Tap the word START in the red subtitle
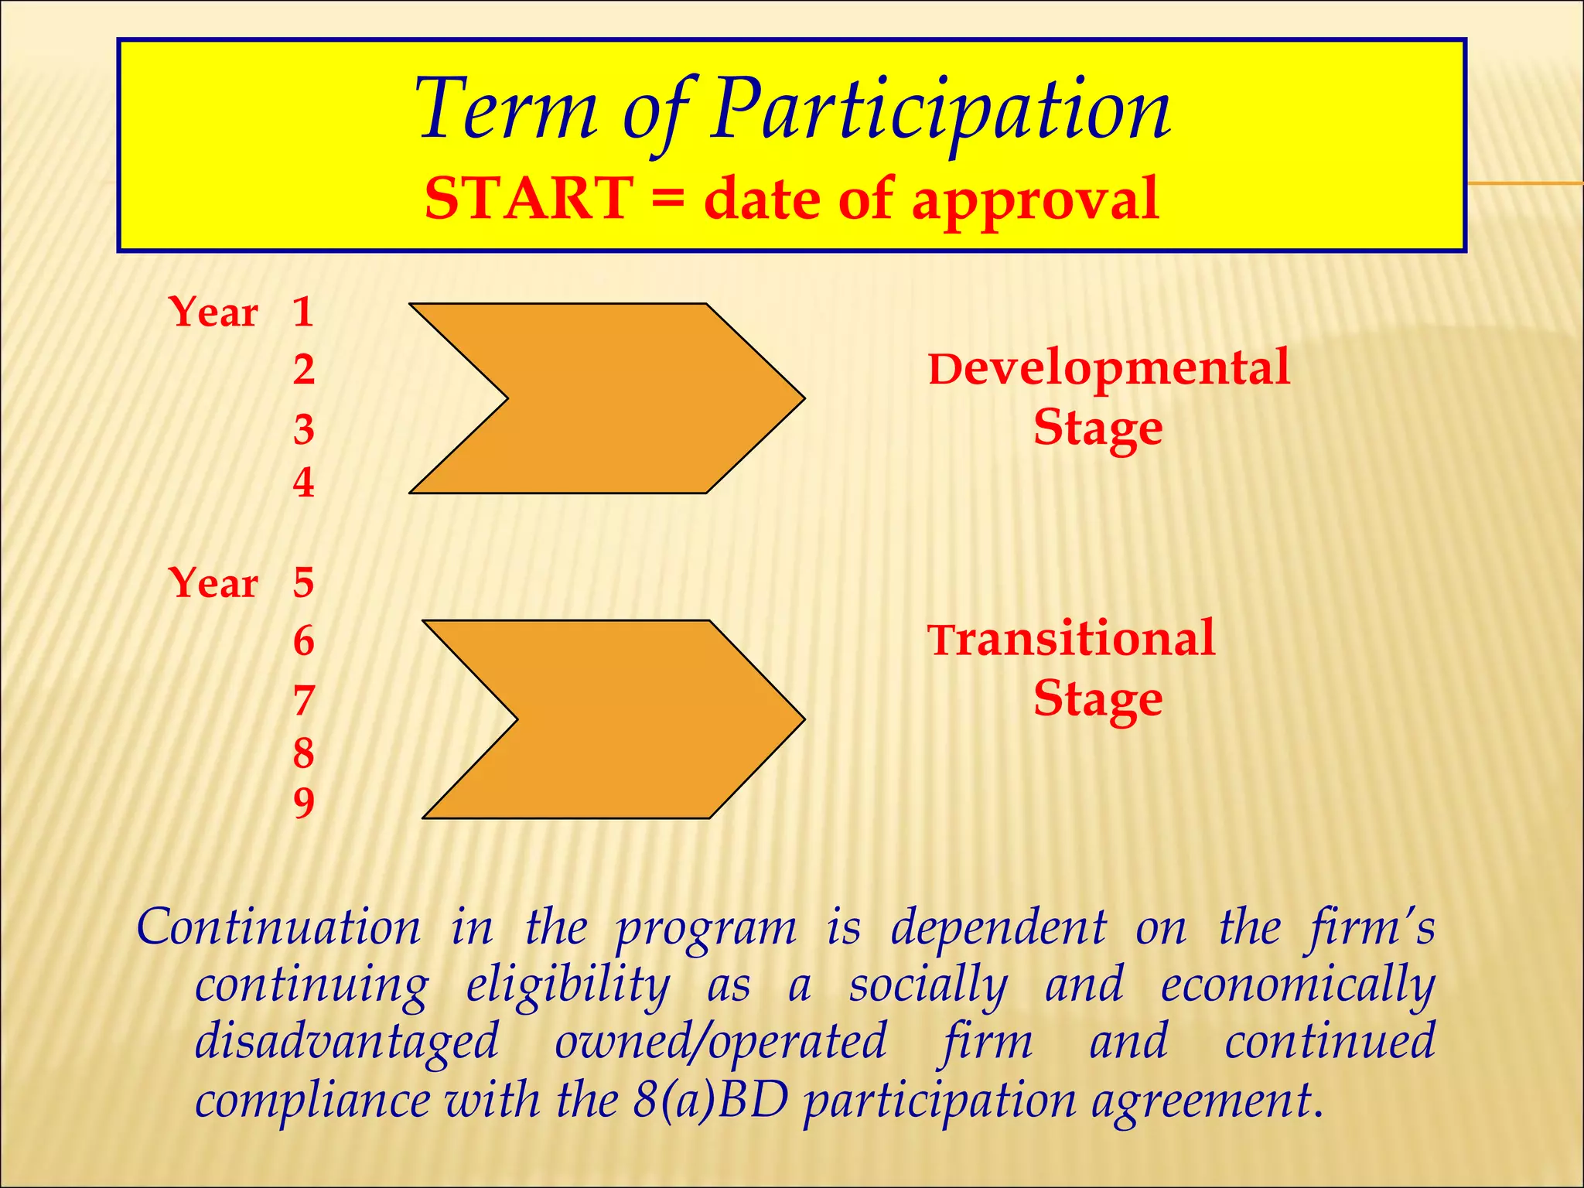529,199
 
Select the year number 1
302,312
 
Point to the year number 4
303,483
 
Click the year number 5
303,582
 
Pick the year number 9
303,803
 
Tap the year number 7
303,701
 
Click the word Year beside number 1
213,312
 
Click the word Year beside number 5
213,582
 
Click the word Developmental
1108,369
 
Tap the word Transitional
1071,640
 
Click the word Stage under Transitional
1098,700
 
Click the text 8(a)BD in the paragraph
710,1100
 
